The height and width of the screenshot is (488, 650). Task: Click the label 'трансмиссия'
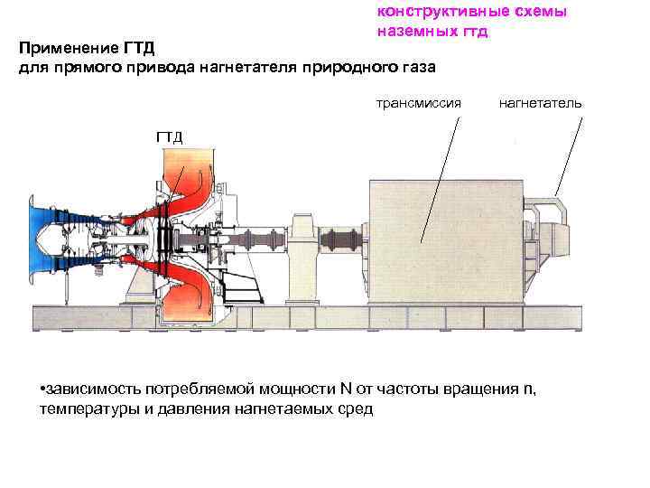tap(418, 103)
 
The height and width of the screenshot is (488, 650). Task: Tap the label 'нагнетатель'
tap(540, 103)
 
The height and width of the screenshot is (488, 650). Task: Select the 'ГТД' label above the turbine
tap(169, 137)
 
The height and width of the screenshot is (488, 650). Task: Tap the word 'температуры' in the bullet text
tap(85, 409)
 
